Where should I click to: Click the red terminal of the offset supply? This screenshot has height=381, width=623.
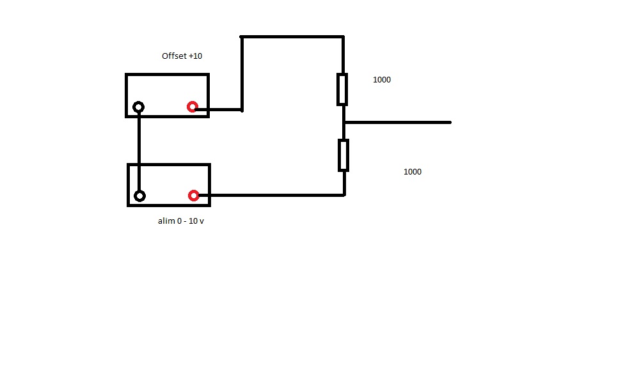coord(192,107)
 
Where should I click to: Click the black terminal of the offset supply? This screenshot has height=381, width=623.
coord(138,107)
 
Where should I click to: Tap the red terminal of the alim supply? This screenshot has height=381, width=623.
coord(193,195)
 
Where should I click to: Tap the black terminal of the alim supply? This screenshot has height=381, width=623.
coord(139,196)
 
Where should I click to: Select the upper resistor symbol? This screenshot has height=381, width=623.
coord(343,89)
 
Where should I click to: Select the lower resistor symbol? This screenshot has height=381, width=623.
coord(343,155)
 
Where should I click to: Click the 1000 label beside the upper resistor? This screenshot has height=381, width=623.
coord(382,80)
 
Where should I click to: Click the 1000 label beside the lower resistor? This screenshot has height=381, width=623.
coord(413,172)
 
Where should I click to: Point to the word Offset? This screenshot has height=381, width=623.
coord(175,56)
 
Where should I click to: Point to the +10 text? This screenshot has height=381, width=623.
coord(196,56)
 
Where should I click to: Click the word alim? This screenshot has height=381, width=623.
coord(166,221)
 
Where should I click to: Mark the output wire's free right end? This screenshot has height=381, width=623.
coord(450,122)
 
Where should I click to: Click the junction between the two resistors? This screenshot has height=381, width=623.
coord(344,122)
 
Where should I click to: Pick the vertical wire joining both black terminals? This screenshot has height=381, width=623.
coord(139,151)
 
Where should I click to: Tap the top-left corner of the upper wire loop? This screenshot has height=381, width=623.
coord(242,37)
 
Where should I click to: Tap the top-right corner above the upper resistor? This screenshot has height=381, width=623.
coord(343,37)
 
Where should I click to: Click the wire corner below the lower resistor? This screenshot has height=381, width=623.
coord(344,194)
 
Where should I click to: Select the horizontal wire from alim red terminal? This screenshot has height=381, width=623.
coord(269,195)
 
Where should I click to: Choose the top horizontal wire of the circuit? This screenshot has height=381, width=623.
coord(292,37)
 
